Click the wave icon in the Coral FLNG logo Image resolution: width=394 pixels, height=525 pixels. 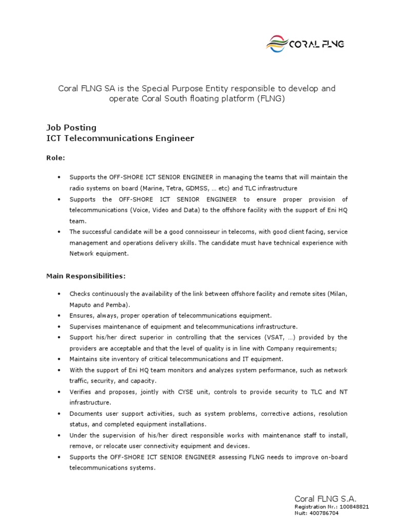(277, 44)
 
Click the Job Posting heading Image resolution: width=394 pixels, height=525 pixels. (71, 127)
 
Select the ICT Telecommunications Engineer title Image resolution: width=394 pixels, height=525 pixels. (121, 138)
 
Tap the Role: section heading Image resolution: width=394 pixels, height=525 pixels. (56, 158)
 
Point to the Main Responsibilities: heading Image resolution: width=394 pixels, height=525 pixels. (86, 276)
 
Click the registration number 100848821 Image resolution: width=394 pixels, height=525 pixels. (352, 507)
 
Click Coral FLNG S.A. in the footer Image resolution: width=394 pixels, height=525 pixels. (325, 499)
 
